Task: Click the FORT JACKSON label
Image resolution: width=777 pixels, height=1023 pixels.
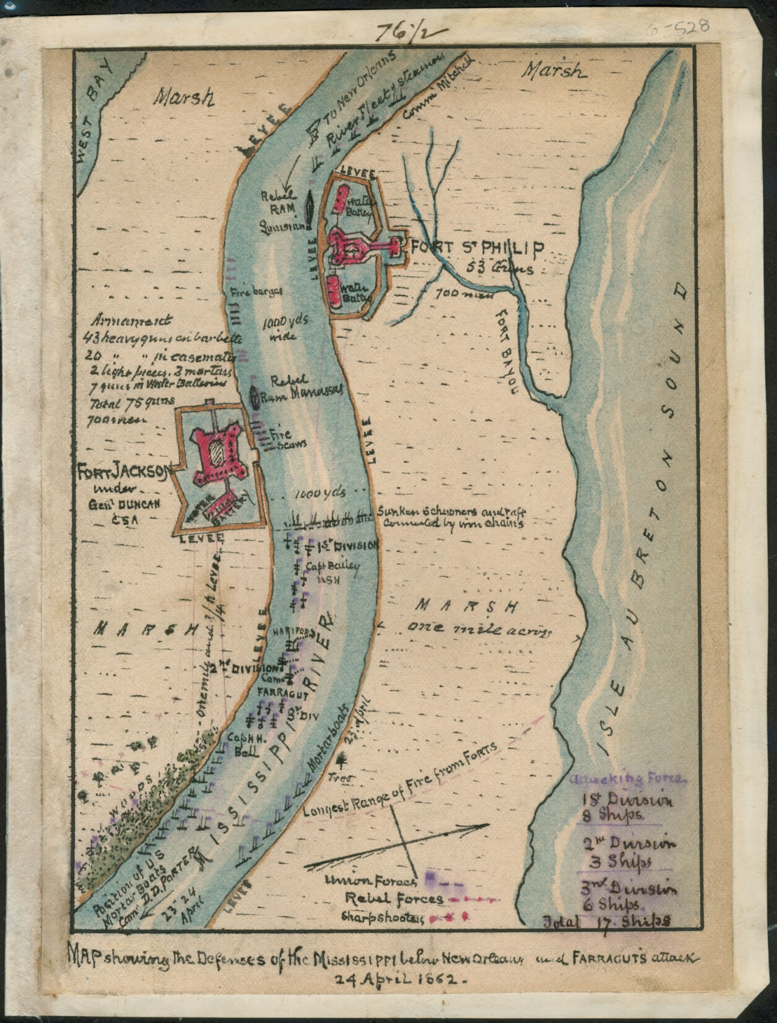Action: coord(123,472)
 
